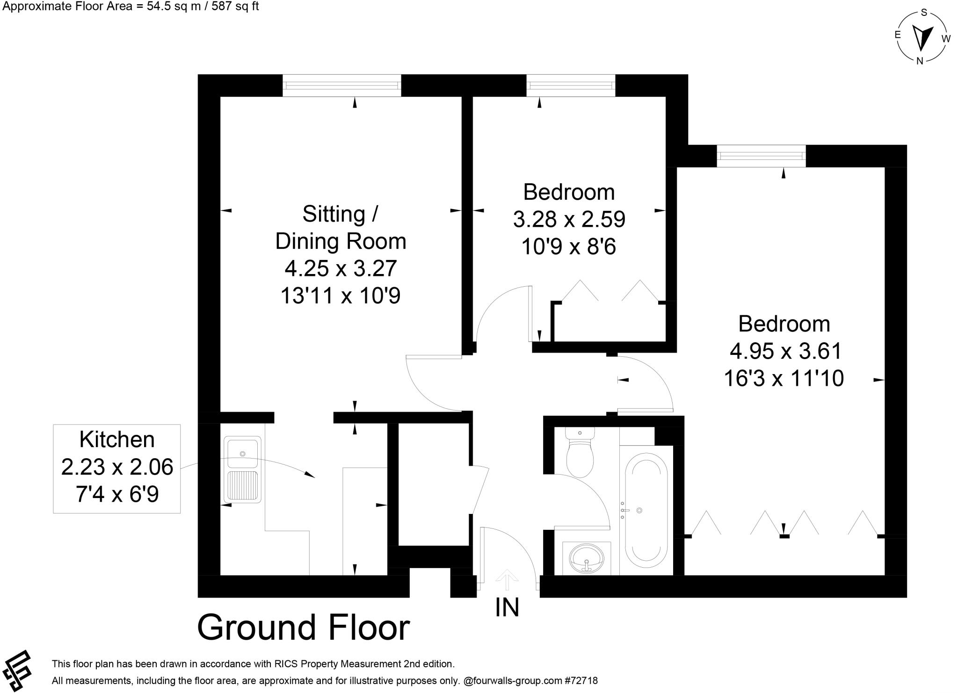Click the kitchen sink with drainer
(x=242, y=469)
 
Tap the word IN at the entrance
(x=507, y=608)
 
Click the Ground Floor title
(x=303, y=628)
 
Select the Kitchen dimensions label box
(x=117, y=468)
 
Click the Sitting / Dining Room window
(x=342, y=86)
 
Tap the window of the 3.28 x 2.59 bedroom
(x=571, y=86)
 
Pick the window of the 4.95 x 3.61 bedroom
(x=762, y=156)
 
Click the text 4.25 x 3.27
(x=341, y=268)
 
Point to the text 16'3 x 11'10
(x=784, y=378)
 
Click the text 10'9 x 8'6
(x=569, y=246)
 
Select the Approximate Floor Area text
(x=131, y=7)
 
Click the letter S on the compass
(x=924, y=13)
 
